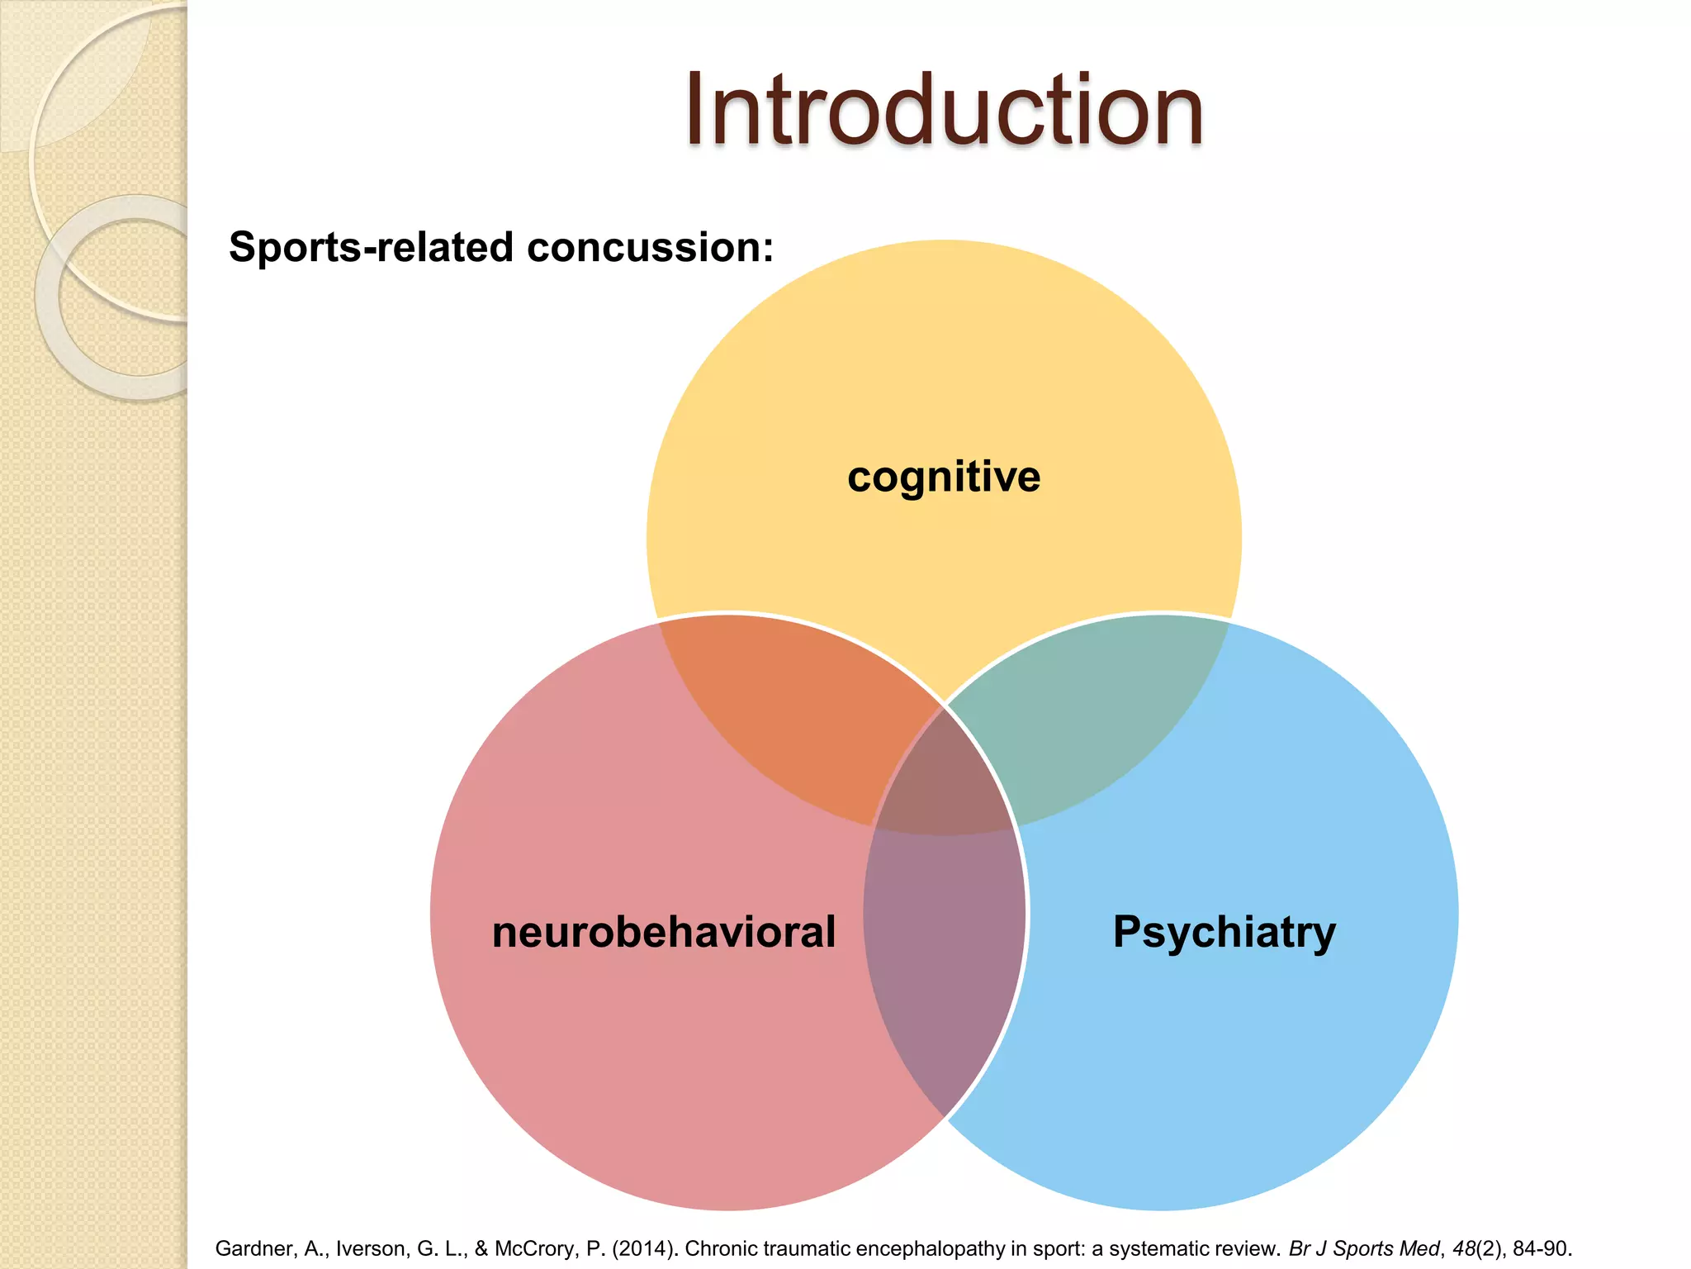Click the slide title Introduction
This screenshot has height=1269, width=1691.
coord(944,111)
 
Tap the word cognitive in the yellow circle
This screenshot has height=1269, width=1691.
coord(944,478)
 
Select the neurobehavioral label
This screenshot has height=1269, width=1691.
coord(664,932)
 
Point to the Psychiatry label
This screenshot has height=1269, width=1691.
coord(1224,932)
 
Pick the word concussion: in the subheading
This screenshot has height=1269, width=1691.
coord(651,247)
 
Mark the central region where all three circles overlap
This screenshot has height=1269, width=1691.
coord(944,777)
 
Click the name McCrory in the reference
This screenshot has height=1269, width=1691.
coord(536,1248)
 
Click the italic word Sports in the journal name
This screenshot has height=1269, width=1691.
coord(1357,1248)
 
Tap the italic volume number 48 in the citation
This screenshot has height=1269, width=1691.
coord(1465,1248)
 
